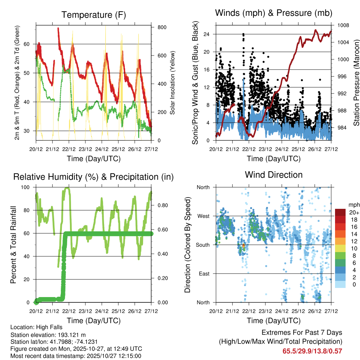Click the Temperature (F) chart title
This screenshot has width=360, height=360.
(x=94, y=15)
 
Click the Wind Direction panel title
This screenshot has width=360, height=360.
(x=274, y=174)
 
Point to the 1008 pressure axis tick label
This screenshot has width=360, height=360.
(x=343, y=25)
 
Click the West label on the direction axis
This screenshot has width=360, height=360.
(x=203, y=216)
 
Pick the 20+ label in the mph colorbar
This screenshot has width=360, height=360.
(x=354, y=212)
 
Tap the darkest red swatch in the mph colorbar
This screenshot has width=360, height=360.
(x=340, y=212)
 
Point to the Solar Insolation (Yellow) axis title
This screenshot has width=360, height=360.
(x=173, y=83)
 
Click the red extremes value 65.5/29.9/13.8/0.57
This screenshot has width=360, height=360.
(x=312, y=351)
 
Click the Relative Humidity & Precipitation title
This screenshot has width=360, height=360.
(x=94, y=177)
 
